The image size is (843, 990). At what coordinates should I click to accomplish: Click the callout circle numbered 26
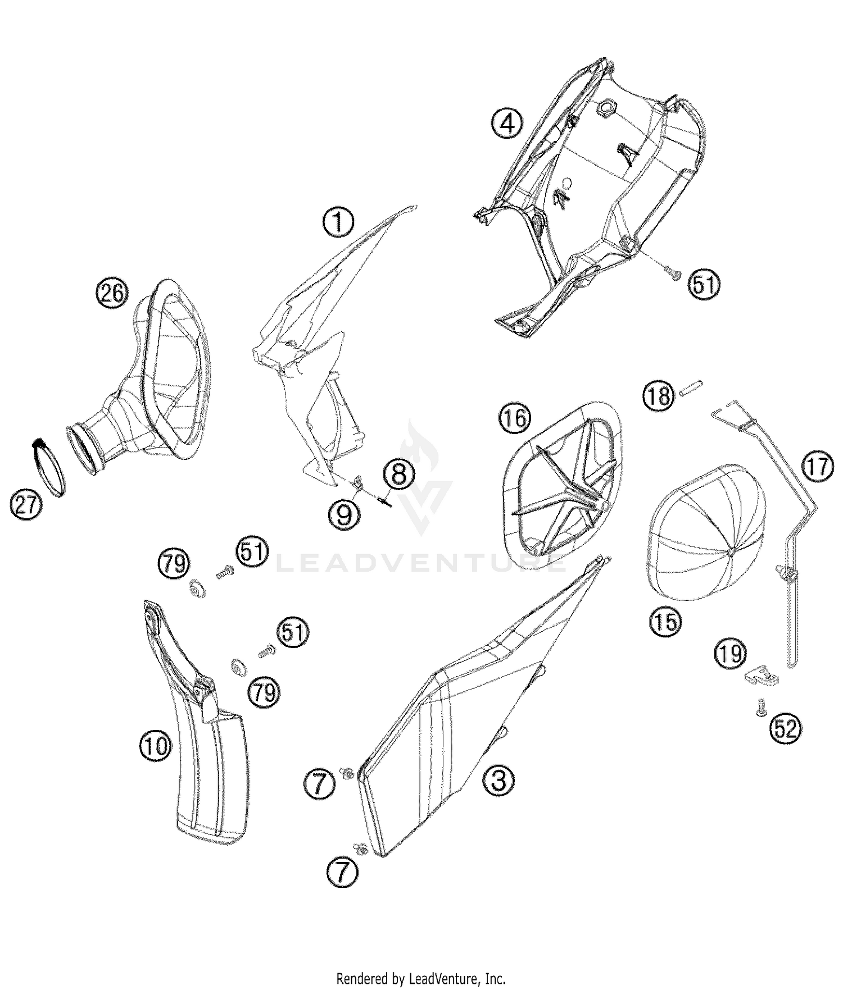[x=112, y=293]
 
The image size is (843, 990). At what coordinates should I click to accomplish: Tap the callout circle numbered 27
[x=26, y=505]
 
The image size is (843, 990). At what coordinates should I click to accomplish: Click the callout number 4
[x=507, y=124]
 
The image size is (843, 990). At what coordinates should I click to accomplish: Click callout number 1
[x=338, y=222]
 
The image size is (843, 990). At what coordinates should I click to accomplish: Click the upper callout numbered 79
[x=174, y=563]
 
